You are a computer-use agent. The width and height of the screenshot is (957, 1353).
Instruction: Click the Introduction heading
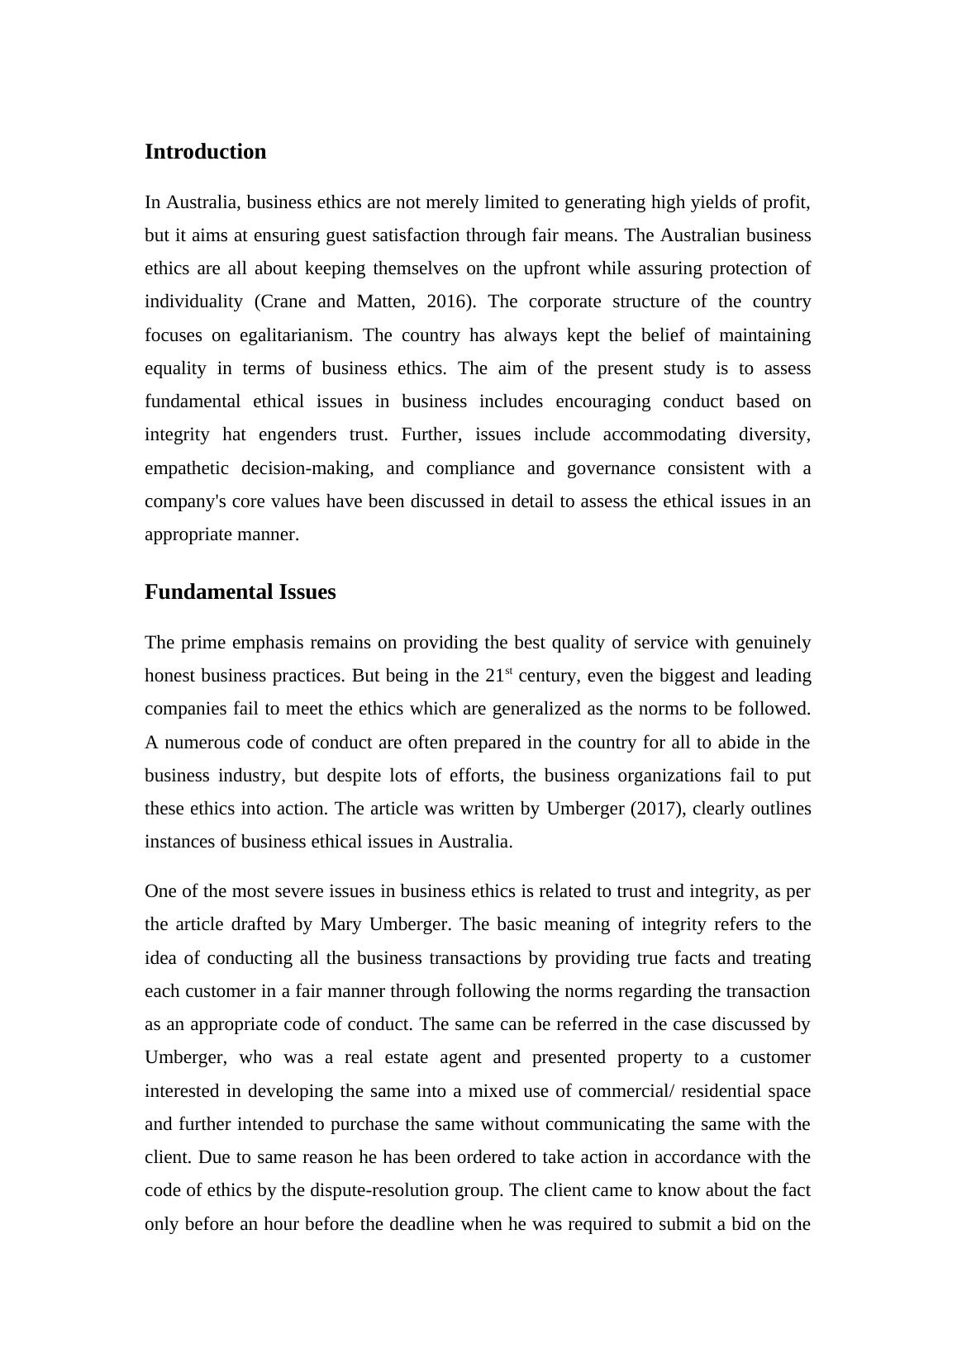point(205,152)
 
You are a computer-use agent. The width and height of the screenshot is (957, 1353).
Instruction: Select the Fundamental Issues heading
point(240,592)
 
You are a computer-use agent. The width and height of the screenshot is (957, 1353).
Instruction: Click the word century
point(547,676)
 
